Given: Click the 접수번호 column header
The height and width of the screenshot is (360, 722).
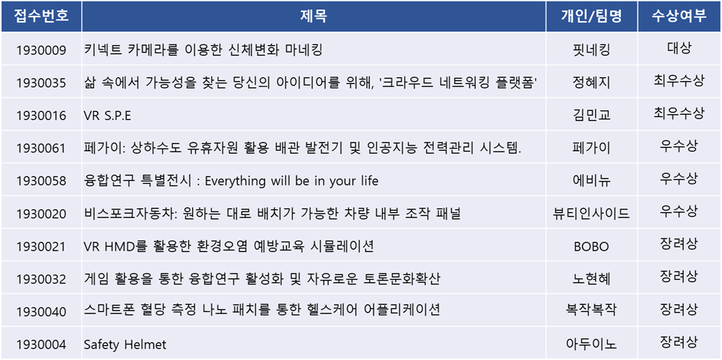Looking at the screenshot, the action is pyautogui.click(x=41, y=16).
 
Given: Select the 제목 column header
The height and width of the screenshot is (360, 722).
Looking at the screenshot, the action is pyautogui.click(x=314, y=16).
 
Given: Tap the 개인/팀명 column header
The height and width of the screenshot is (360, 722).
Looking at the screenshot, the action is pyautogui.click(x=591, y=16).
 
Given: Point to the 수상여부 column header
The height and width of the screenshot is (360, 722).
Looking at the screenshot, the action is pyautogui.click(x=679, y=16).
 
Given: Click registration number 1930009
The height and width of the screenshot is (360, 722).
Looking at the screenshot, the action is pyautogui.click(x=41, y=50).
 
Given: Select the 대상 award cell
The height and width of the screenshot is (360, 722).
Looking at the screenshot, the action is pyautogui.click(x=679, y=48).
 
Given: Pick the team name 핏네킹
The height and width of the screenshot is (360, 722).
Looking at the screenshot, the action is pyautogui.click(x=591, y=49).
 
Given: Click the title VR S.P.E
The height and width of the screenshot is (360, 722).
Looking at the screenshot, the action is pyautogui.click(x=107, y=115).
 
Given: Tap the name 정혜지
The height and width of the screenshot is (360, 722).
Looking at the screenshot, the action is pyautogui.click(x=591, y=82).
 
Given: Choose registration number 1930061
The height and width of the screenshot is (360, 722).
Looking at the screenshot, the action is pyautogui.click(x=41, y=148).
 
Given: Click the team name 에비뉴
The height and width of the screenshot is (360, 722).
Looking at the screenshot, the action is pyautogui.click(x=591, y=181).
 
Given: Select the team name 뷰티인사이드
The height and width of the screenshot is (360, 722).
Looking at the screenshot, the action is pyautogui.click(x=591, y=214).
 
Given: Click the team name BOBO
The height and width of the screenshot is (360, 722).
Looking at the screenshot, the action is pyautogui.click(x=591, y=247).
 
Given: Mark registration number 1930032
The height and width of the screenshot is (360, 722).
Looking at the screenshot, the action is pyautogui.click(x=41, y=279).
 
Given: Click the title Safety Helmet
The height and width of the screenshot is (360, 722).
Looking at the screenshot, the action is pyautogui.click(x=125, y=344).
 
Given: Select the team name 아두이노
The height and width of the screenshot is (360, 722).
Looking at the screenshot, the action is pyautogui.click(x=591, y=344).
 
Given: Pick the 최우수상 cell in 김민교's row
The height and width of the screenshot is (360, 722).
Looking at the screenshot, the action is pyautogui.click(x=679, y=113).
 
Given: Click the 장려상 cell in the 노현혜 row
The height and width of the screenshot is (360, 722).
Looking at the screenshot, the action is pyautogui.click(x=679, y=277).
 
